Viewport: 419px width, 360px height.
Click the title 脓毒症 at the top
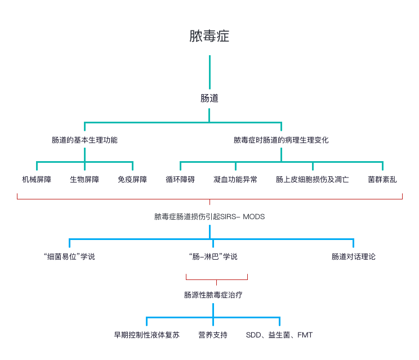[210, 37]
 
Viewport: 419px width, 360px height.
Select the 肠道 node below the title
[210, 98]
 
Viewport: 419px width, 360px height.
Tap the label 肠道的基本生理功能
[84, 140]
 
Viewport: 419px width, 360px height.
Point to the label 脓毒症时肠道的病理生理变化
[281, 140]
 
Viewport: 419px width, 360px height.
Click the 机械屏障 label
[37, 180]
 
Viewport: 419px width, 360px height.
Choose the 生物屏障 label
[84, 180]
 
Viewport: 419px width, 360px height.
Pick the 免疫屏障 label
[132, 180]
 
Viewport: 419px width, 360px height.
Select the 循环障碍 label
[180, 180]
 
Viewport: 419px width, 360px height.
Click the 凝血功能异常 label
[235, 180]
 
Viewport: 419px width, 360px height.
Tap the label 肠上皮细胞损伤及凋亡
[313, 180]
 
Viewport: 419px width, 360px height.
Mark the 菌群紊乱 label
[382, 180]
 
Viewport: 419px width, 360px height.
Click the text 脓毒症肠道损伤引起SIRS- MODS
[210, 216]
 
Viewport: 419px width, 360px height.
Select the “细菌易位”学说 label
[69, 257]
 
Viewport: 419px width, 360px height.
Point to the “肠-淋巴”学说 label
[213, 257]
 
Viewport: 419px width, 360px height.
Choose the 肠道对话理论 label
[354, 257]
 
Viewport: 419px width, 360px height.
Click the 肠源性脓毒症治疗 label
[213, 295]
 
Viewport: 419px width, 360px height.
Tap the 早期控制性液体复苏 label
[146, 335]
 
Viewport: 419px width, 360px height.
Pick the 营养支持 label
[213, 335]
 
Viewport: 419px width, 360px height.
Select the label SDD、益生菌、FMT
[279, 335]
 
